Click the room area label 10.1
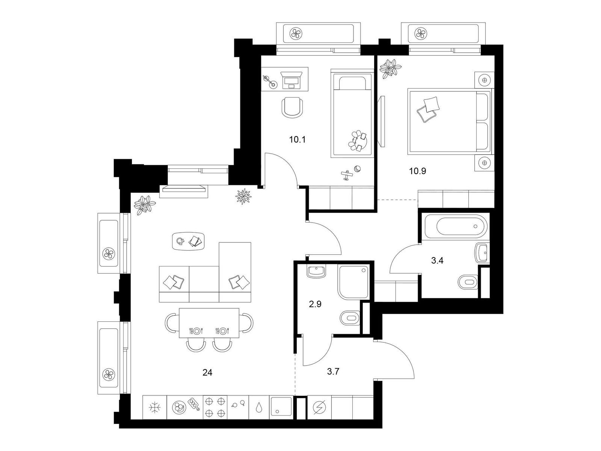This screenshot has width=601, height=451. (x=297, y=140)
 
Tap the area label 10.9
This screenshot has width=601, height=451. (x=418, y=171)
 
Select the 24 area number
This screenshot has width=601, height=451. (x=207, y=372)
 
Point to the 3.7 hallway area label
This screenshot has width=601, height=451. (x=333, y=372)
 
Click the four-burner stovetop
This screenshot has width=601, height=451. (x=215, y=407)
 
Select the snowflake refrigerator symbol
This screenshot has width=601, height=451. (x=155, y=407)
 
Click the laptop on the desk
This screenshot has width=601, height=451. (x=291, y=80)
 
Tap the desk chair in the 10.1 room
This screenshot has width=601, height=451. (x=292, y=107)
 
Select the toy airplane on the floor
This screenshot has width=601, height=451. (x=347, y=175)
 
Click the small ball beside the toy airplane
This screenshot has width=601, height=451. (x=357, y=169)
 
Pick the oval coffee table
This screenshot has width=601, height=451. (x=189, y=241)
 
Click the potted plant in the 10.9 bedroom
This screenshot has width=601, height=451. (x=390, y=68)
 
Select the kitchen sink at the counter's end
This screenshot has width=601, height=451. (x=281, y=407)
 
